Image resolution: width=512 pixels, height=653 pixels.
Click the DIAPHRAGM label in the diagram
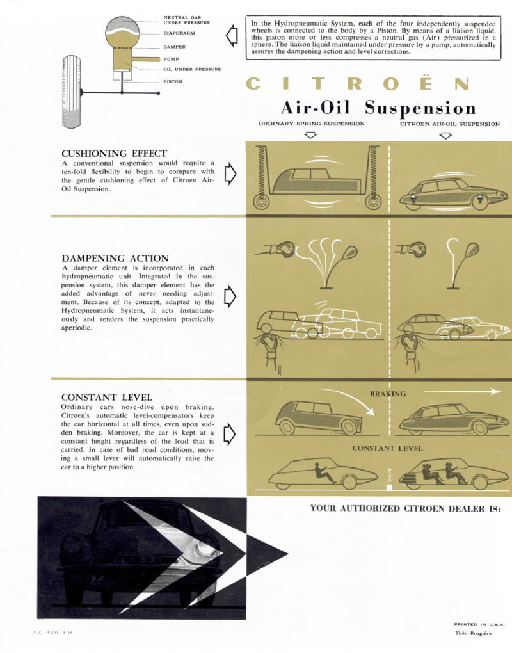179,33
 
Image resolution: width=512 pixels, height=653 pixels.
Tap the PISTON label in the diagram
173,82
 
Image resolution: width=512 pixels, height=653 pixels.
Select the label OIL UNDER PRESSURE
192,69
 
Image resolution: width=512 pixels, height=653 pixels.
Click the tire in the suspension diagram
71,92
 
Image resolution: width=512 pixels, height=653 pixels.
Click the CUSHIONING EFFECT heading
114,153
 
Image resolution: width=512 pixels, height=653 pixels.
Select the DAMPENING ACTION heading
115,258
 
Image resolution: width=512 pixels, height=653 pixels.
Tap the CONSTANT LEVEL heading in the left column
107,398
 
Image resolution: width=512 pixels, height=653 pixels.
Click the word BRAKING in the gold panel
388,394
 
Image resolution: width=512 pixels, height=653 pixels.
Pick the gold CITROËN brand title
358,84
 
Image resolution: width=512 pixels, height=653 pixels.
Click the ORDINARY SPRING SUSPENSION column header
312,124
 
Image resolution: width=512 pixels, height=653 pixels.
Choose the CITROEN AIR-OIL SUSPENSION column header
450,124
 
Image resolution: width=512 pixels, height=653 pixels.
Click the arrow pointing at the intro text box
232,36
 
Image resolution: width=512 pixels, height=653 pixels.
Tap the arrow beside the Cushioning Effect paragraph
230,173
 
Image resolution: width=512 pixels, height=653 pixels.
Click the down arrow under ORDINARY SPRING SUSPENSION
311,135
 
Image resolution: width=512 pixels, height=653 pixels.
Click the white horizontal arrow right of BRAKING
463,391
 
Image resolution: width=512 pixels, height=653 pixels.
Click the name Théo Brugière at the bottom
474,633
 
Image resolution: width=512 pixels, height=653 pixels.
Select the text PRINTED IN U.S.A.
479,624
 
